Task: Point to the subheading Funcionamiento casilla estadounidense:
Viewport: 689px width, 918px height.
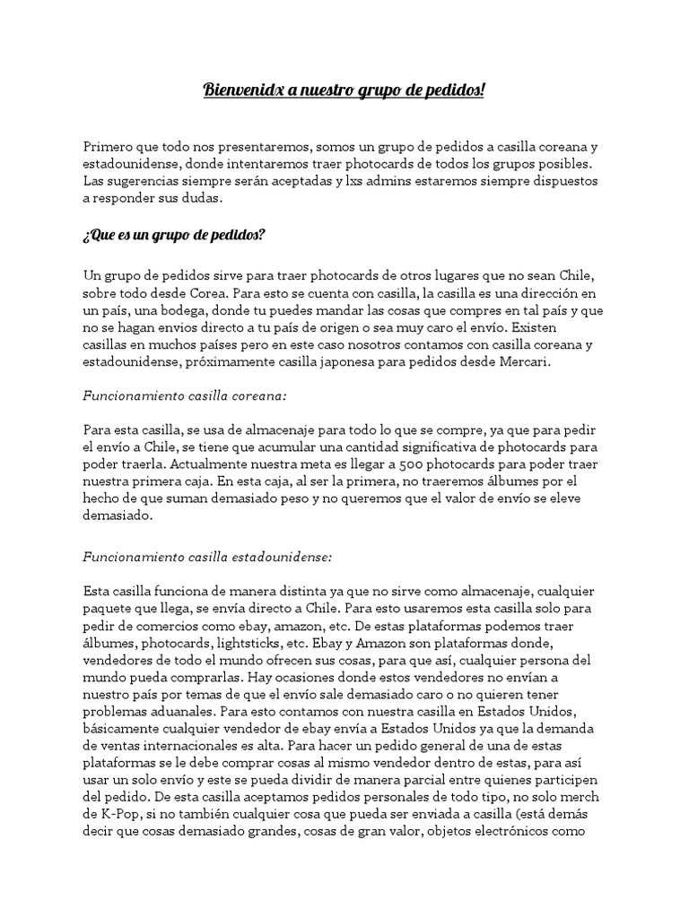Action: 207,557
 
